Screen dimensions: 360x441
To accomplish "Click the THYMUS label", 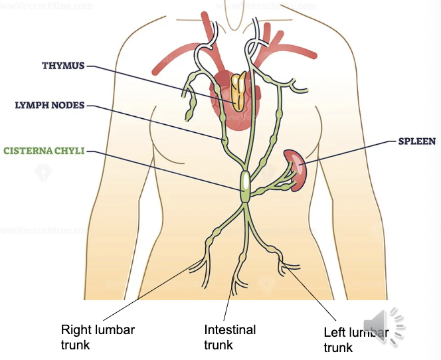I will (x=63, y=66).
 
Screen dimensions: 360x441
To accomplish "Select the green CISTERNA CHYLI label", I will (x=44, y=151).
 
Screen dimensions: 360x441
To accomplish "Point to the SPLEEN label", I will (x=416, y=141).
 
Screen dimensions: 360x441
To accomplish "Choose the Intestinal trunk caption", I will (x=230, y=337).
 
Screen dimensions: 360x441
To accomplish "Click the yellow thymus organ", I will (x=238, y=92).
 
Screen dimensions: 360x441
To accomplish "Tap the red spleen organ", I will (x=296, y=168).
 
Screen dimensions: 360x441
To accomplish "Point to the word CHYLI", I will (x=69, y=151).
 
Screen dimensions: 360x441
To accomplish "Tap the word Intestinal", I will (x=230, y=329).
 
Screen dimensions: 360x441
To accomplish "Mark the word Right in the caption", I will (x=75, y=329).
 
